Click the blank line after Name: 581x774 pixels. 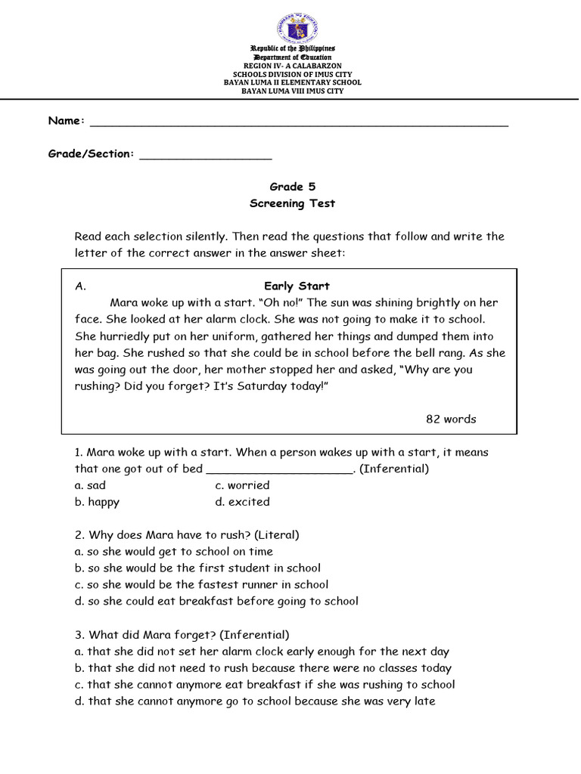pos(299,123)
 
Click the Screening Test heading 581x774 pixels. pos(291,203)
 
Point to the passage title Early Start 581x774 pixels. pos(297,286)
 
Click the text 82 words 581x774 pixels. pos(451,419)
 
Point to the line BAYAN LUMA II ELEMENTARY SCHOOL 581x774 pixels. pos(291,82)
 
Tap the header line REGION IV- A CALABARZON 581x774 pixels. pos(291,66)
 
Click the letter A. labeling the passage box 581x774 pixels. pos(81,286)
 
